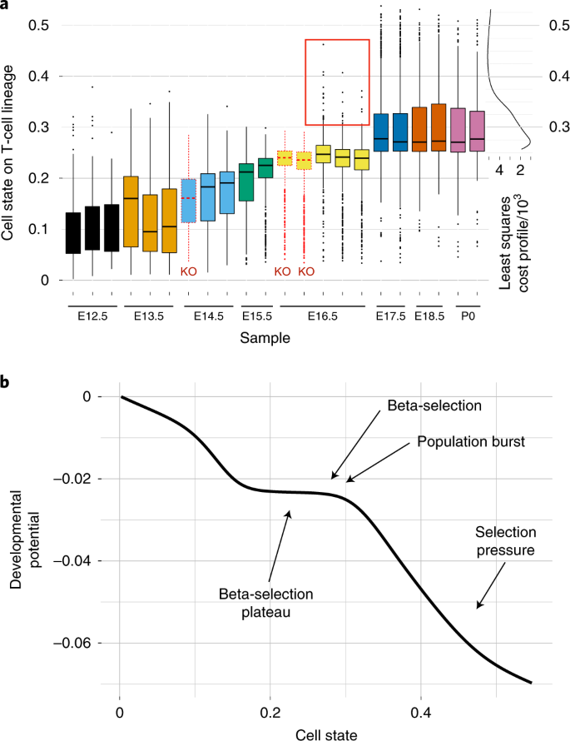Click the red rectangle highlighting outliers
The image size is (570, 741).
pos(337,82)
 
